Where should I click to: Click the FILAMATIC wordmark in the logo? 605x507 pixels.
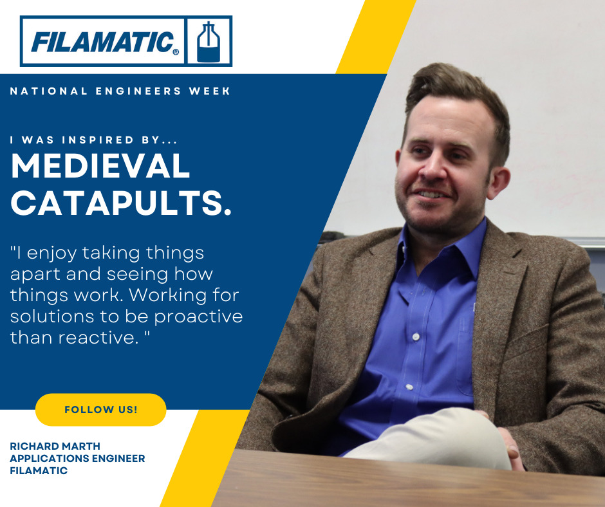[102, 42]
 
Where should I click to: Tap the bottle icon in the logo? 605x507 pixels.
[209, 42]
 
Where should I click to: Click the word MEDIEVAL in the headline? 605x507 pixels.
[100, 165]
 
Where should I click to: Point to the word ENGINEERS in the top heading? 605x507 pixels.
[138, 91]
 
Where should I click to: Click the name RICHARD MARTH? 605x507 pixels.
[55, 446]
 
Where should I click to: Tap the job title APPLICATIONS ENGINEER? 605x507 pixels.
[77, 458]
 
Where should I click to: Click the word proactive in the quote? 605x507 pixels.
[198, 317]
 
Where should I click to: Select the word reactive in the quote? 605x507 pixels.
[98, 338]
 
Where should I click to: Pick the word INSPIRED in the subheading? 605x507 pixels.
[98, 140]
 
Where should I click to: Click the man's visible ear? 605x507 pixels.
[498, 182]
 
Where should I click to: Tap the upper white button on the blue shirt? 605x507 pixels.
[416, 337]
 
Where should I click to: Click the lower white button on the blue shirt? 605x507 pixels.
[409, 387]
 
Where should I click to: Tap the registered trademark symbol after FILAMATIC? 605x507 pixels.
[176, 51]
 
